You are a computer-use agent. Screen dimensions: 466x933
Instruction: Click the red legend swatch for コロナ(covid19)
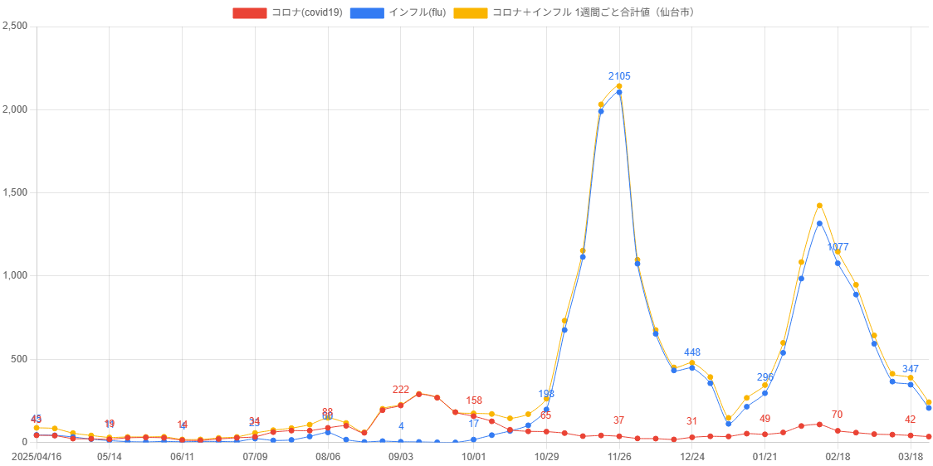pos(249,12)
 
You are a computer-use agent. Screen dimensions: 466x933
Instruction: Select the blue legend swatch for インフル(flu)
pos(366,12)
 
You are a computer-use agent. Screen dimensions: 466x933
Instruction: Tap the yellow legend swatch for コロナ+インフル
pos(470,12)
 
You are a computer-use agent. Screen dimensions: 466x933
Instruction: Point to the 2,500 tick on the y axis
pos(16,26)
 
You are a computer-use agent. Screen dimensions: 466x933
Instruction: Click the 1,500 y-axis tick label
pos(16,192)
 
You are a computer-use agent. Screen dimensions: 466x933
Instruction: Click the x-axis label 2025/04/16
pos(36,457)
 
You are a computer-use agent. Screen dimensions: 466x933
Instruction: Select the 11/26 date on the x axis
pos(619,457)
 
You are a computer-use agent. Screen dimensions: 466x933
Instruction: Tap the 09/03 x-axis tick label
pos(401,457)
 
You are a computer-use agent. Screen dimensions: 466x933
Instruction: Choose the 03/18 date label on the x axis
pos(911,457)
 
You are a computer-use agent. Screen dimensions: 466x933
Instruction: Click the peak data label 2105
pos(619,76)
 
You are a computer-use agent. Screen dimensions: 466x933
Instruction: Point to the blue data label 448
pos(691,352)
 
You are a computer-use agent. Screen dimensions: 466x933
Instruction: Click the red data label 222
pos(401,390)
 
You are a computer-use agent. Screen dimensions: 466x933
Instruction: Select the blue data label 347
pos(911,369)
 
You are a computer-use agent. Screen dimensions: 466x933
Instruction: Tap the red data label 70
pos(837,415)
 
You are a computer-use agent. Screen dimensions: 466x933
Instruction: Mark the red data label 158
pos(474,400)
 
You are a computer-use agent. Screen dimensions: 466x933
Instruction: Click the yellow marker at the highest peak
pos(619,85)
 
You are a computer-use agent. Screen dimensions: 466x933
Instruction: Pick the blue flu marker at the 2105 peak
pos(619,92)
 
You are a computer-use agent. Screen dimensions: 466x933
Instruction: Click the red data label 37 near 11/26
pos(618,420)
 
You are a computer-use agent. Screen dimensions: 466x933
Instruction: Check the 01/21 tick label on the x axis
pos(764,457)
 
